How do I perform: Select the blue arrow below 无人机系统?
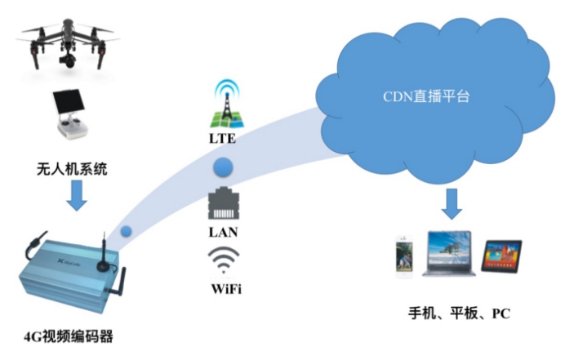pos(75,196)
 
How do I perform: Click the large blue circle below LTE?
pos(223,170)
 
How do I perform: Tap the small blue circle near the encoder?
pos(126,231)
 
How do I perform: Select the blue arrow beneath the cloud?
pos(452,201)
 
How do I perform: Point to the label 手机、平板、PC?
pos(456,314)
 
